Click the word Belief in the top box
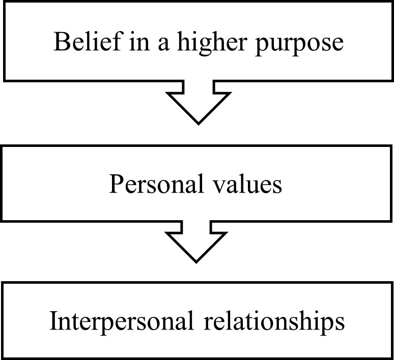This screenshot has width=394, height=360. (77, 42)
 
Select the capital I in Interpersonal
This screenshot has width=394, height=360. (53, 322)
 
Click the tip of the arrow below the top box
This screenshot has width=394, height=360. (198, 123)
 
